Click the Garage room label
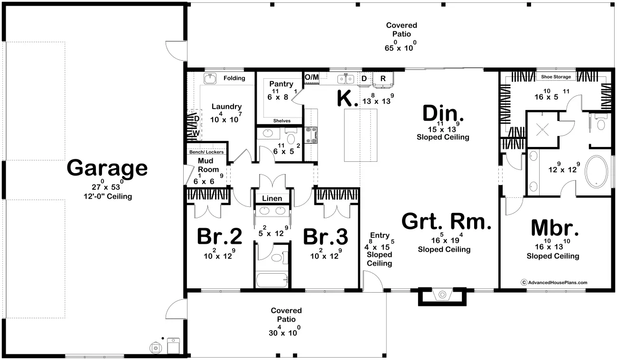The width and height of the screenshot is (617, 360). coord(107,168)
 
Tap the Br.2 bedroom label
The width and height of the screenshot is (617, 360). coord(220,236)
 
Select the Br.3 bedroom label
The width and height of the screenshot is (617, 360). coord(326,237)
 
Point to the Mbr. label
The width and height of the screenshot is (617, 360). coord(555,228)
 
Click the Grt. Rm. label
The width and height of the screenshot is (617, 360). coord(447,222)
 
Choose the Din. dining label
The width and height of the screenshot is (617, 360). coord(443,113)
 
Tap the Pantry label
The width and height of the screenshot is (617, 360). coord(281,84)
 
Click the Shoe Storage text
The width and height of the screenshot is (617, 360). coord(556,77)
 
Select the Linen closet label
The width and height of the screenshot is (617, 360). coord(272,198)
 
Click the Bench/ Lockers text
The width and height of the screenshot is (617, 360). coord(206,152)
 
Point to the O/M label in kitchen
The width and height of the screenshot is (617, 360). coord(311,77)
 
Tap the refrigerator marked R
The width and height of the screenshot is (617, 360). coord(383,79)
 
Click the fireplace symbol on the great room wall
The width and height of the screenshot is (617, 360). coord(442,295)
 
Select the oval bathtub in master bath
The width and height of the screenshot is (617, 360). coord(596,172)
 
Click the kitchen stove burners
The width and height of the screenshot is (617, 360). coord(311,135)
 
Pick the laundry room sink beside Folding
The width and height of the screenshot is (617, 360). coord(210,78)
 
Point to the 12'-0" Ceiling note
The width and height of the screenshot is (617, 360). coord(108,196)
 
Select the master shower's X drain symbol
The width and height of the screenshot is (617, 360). coord(542,129)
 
